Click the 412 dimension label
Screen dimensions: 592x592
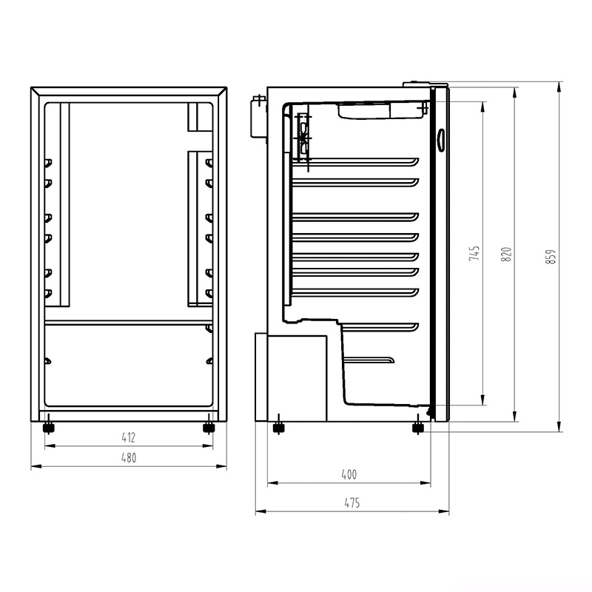[x=129, y=437]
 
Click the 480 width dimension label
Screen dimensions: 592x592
[x=129, y=458]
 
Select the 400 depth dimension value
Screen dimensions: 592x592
[x=349, y=474]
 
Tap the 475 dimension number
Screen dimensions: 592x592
[x=351, y=503]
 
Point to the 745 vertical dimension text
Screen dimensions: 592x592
[x=476, y=253]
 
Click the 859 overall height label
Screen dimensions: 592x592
[x=550, y=256]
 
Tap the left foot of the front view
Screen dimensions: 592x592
[x=49, y=427]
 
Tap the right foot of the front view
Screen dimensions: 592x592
[x=209, y=427]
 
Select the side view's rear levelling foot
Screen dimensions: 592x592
[x=279, y=426]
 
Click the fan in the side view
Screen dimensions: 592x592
[x=303, y=137]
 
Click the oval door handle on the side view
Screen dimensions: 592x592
[x=441, y=139]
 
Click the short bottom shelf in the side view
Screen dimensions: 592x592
[x=368, y=360]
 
